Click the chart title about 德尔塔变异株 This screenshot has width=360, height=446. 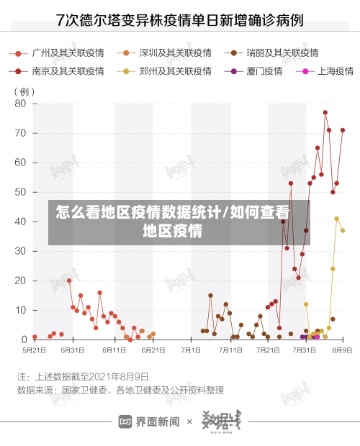click(x=179, y=21)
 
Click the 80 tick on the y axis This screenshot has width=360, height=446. click(x=19, y=104)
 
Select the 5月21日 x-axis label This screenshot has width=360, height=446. click(x=35, y=350)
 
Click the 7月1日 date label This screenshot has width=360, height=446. click(x=191, y=350)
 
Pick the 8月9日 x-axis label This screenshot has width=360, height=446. click(x=341, y=350)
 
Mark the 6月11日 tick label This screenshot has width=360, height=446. click(x=114, y=350)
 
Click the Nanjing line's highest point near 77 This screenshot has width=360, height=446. click(x=325, y=112)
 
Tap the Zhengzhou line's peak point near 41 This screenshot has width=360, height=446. click(x=336, y=219)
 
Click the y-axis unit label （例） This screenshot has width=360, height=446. click(x=24, y=92)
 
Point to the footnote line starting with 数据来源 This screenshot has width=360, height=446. click(x=120, y=391)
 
